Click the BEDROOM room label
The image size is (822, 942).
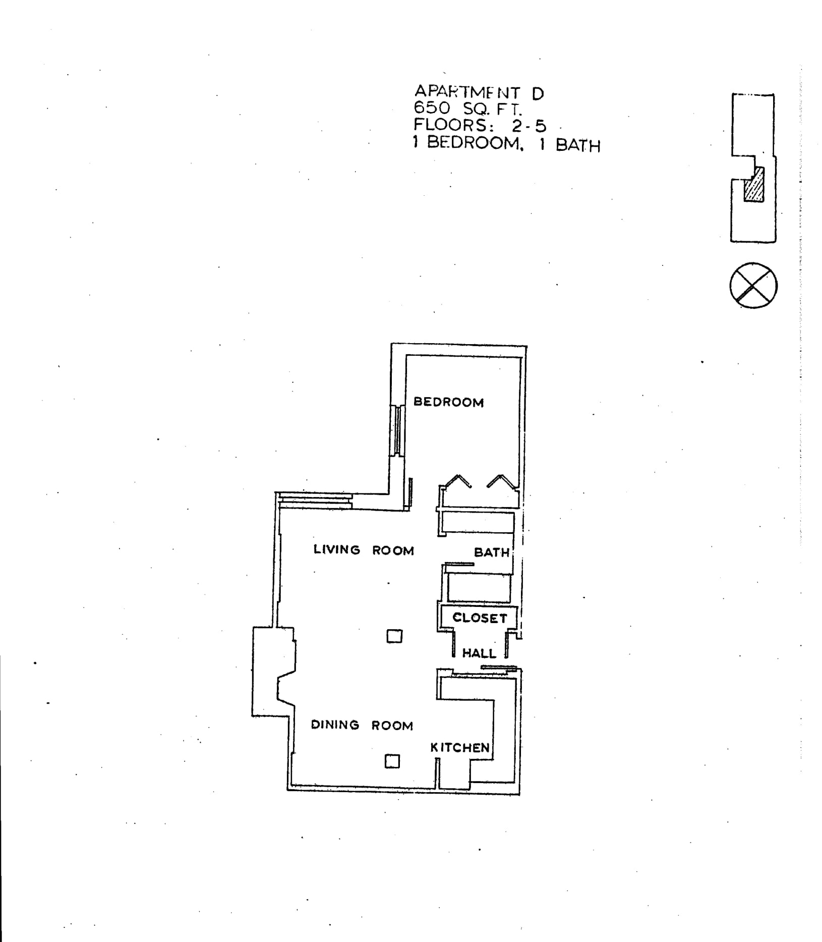448,402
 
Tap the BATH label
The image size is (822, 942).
491,552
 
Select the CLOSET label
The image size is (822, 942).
479,618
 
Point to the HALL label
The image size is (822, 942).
479,653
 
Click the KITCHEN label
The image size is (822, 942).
459,747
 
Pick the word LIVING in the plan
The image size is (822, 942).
337,549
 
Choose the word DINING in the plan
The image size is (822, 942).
335,725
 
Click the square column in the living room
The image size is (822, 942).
394,636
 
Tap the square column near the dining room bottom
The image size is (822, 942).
392,761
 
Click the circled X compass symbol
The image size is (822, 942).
753,286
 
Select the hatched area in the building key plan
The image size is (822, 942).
754,187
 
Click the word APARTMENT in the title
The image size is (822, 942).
467,92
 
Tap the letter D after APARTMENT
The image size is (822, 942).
538,93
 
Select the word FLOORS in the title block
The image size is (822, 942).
451,125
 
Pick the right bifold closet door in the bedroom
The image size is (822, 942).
501,482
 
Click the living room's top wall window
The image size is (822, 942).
315,501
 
